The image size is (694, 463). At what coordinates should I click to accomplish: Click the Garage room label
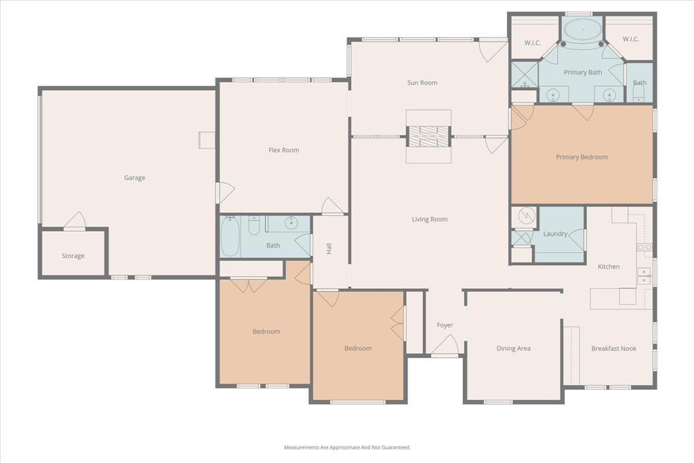coord(134,178)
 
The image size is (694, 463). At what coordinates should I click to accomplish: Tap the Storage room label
coord(73,256)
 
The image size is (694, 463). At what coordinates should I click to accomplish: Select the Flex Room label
coord(283,150)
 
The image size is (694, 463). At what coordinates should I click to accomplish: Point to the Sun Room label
coord(422,83)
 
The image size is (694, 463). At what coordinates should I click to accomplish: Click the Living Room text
coord(430,219)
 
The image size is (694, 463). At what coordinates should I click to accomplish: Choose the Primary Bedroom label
coord(581,157)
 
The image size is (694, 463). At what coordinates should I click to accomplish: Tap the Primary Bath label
coord(583,72)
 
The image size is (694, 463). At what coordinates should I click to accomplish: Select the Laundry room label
coord(555,234)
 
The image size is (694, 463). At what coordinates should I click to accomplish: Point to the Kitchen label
coord(608,266)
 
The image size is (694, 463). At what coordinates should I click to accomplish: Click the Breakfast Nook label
coord(613,348)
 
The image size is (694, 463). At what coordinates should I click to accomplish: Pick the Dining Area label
coord(513,348)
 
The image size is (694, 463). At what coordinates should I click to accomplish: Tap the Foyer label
coord(445,325)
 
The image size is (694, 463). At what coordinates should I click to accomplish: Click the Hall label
coord(329,248)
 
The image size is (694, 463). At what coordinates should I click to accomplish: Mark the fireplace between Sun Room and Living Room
coord(428,136)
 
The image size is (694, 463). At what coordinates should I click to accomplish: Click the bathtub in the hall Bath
coord(230,237)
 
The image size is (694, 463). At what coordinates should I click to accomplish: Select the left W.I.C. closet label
coord(532,43)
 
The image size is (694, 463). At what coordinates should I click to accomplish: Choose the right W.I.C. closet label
coord(630,39)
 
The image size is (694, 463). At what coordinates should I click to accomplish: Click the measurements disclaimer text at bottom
coord(347,447)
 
